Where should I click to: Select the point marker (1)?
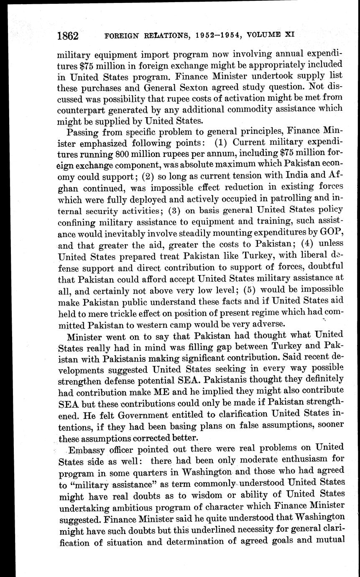point(222,143)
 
